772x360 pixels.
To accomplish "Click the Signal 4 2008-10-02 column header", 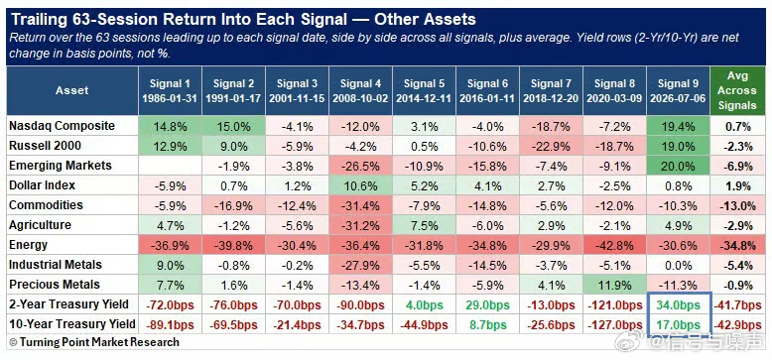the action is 360,91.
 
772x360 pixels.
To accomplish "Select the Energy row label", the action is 29,244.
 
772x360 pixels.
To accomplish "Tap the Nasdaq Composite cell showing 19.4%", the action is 679,126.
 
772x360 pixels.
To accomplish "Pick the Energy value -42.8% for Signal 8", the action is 614,245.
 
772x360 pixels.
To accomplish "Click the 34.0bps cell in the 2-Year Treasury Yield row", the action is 679,304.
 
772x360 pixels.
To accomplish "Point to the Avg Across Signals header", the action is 737,91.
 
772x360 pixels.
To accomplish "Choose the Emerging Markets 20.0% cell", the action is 679,166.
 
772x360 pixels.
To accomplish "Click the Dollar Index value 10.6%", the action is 360,185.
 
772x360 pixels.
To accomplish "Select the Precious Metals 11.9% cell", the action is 614,285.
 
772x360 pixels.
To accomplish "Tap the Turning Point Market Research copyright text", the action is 94,342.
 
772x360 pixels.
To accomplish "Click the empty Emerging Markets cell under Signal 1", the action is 170,166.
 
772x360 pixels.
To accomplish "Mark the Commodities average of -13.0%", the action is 737,205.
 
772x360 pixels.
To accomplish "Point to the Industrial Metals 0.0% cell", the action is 679,265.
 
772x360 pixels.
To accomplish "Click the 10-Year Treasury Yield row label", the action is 71,324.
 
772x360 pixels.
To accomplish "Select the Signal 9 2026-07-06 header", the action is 679,91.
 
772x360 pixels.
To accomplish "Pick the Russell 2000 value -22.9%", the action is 551,146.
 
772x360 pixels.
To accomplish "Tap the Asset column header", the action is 71,90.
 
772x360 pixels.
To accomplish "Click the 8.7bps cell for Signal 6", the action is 487,324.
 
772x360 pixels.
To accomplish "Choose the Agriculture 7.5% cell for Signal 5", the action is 424,225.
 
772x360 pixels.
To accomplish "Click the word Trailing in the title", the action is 38,20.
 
